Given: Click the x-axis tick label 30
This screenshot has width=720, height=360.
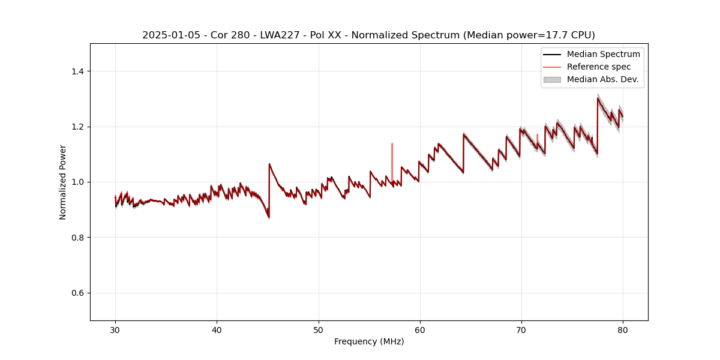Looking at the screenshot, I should pyautogui.click(x=115, y=330).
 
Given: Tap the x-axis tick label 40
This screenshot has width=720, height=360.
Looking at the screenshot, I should pyautogui.click(x=217, y=330).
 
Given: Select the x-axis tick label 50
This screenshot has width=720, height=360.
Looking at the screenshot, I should pyautogui.click(x=319, y=330).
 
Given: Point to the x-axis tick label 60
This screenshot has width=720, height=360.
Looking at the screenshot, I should pyautogui.click(x=420, y=330).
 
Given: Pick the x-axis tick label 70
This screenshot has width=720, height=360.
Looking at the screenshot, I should pyautogui.click(x=521, y=330).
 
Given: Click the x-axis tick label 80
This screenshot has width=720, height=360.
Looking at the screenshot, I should pyautogui.click(x=623, y=330).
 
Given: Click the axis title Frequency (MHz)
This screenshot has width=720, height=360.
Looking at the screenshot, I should pyautogui.click(x=369, y=342).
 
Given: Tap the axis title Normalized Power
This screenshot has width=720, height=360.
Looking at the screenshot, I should pyautogui.click(x=63, y=182).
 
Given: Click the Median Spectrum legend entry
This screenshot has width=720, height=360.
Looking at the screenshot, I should pyautogui.click(x=603, y=54).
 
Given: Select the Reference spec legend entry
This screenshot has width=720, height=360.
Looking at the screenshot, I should pyautogui.click(x=598, y=67).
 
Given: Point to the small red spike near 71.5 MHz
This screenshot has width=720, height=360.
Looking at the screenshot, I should pyautogui.click(x=537, y=138).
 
